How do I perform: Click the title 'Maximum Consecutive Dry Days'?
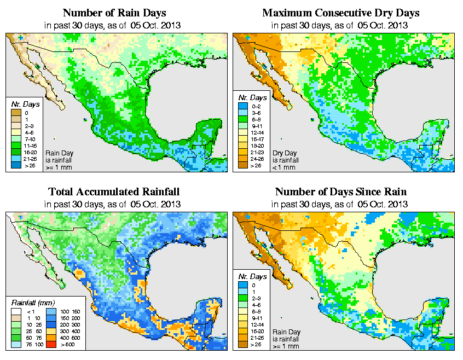340,13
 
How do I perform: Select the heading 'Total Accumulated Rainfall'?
114,191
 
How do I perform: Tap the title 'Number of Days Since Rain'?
340,191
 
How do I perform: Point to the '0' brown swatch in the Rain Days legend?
16,113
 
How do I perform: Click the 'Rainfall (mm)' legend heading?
31,302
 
